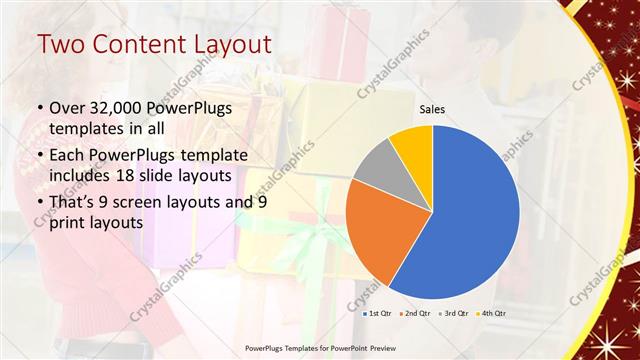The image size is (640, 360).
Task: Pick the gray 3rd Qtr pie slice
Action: [x=377, y=165]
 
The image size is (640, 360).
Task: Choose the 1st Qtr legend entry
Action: [x=377, y=314]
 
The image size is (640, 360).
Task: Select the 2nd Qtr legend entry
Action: [x=415, y=314]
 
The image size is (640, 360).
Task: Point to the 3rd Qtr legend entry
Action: [x=453, y=314]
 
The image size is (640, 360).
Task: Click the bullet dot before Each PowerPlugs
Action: [x=40, y=156]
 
